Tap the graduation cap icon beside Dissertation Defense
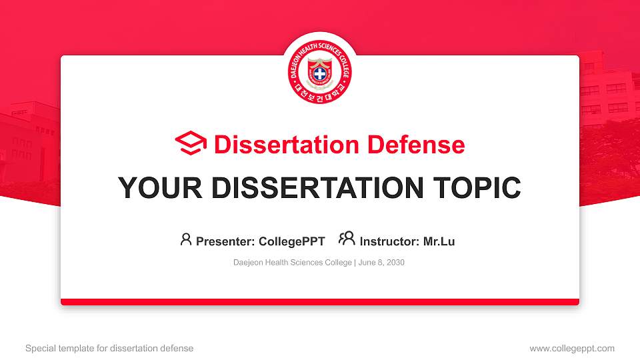click(191, 144)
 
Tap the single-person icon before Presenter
click(186, 239)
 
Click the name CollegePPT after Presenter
click(291, 241)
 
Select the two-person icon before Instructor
click(347, 239)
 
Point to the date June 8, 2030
click(381, 263)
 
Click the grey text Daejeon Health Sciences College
click(292, 263)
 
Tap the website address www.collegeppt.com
click(572, 348)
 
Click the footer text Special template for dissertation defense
click(109, 348)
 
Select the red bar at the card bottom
click(320, 302)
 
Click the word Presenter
click(221, 241)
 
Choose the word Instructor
click(389, 241)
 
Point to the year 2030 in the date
click(395, 263)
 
